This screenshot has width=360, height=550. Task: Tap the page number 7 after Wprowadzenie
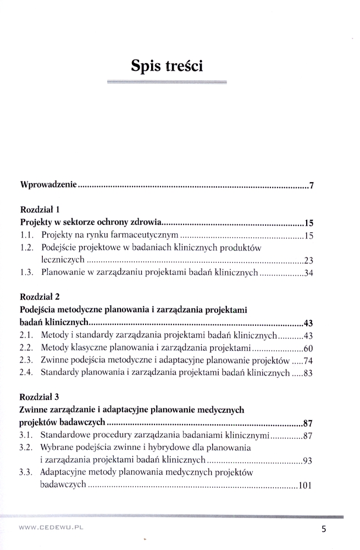pos(311,185)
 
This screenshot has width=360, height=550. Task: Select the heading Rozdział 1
pos(39,210)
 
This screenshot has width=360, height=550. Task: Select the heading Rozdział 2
pos(39,296)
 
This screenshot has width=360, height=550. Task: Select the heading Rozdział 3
pos(39,397)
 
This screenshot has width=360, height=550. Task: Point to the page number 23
pos(308,261)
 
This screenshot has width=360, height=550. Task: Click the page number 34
pos(308,273)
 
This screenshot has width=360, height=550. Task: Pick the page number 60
pos(308,348)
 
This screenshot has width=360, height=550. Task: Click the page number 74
pos(308,361)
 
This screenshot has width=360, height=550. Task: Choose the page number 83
pos(308,373)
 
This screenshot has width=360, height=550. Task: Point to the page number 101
pos(306,486)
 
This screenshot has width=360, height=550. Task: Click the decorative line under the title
pos(167,82)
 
